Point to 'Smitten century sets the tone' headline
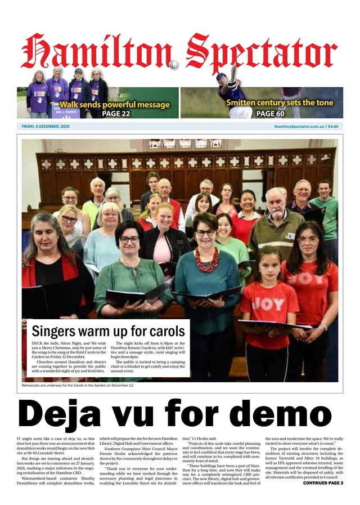click(x=280, y=103)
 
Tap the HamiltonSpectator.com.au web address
click(x=299, y=127)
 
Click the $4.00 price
click(x=333, y=127)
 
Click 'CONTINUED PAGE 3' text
click(x=323, y=482)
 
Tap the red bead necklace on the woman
click(x=206, y=258)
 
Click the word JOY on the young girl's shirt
click(x=268, y=304)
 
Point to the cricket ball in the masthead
click(x=173, y=65)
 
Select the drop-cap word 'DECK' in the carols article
click(x=39, y=343)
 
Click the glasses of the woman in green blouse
click(x=129, y=239)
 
